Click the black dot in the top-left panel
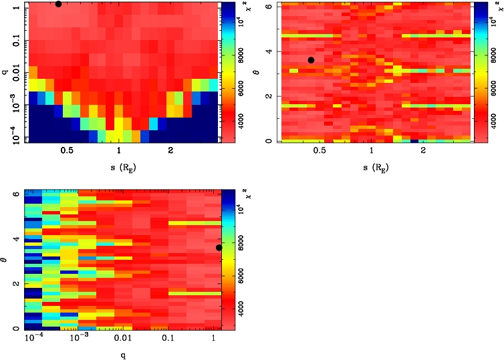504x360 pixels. (x=59, y=4)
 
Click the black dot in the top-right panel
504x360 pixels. (x=311, y=60)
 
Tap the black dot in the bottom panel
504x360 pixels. (x=219, y=248)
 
